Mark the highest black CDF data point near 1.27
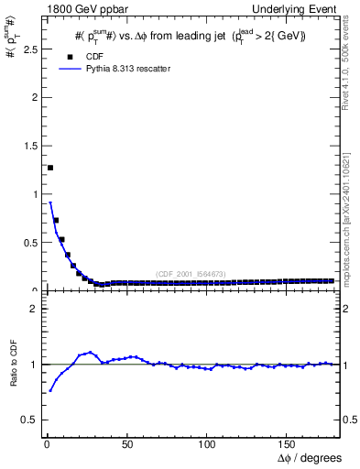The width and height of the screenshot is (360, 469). (x=50, y=168)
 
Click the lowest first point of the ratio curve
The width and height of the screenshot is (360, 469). (x=50, y=391)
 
